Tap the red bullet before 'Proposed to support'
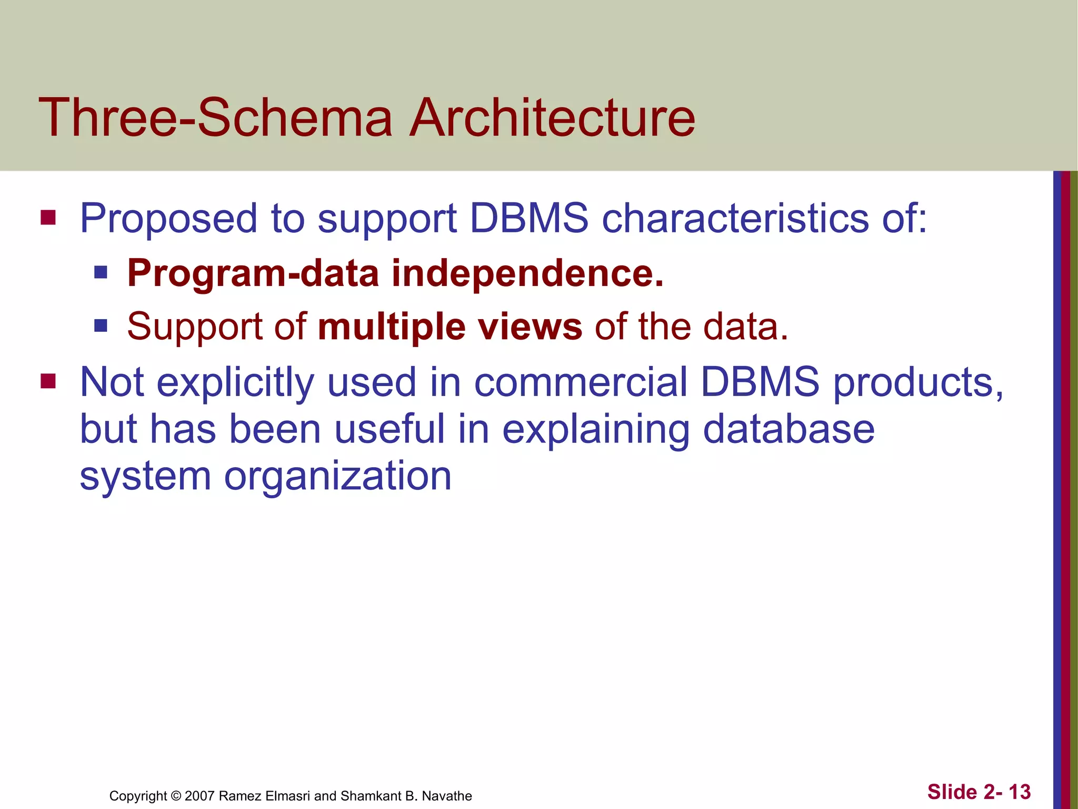(48, 218)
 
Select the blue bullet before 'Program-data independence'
(101, 272)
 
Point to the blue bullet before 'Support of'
(101, 325)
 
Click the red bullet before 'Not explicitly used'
(48, 380)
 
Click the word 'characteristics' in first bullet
(735, 219)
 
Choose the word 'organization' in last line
(337, 477)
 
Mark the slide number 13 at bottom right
(1020, 792)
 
